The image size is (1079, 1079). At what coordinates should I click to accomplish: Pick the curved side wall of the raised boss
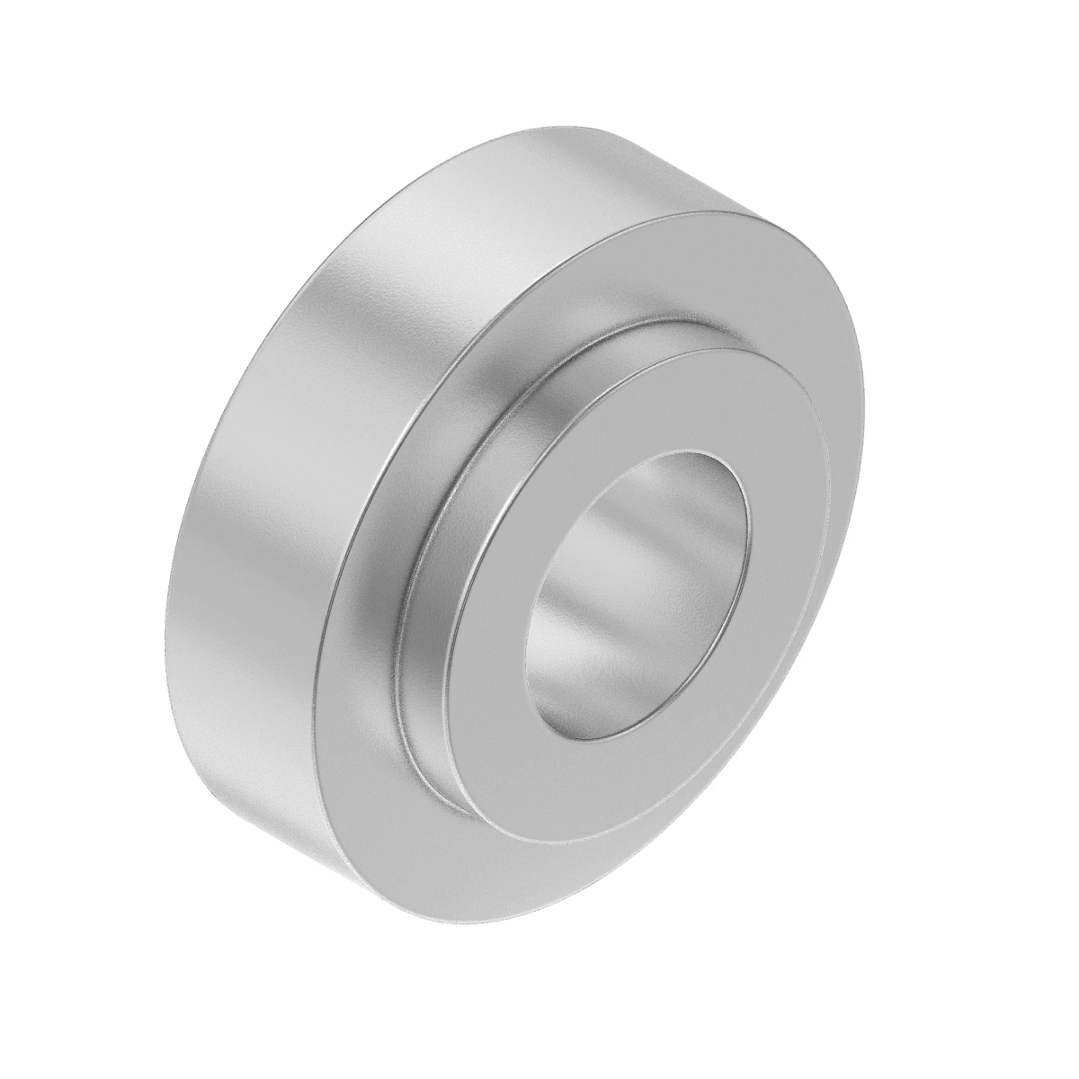pos(432,629)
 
